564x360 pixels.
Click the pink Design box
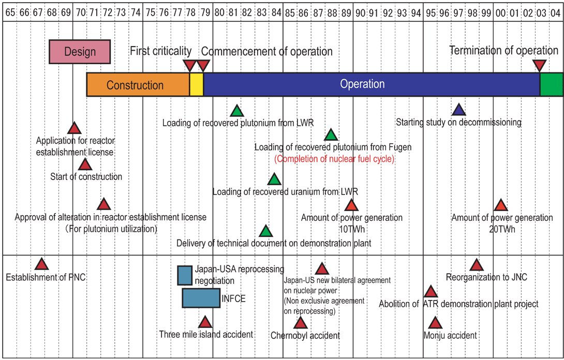(80, 52)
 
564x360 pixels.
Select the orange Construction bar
(138, 84)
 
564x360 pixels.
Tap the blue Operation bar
(372, 84)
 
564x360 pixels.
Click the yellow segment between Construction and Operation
(197, 84)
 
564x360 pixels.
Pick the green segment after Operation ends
(552, 84)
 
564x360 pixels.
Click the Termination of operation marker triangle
(540, 66)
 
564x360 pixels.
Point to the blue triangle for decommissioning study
(458, 110)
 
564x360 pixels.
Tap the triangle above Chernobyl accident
(300, 323)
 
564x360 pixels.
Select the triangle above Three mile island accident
(205, 322)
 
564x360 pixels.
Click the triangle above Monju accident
(435, 323)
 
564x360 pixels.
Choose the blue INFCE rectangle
(201, 298)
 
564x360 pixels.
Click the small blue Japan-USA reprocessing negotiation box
(185, 276)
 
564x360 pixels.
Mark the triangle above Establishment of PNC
(42, 264)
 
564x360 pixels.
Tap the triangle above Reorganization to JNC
(477, 265)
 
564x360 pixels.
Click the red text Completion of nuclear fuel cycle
(334, 159)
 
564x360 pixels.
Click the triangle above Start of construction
(85, 164)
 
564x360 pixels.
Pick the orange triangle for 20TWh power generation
(500, 205)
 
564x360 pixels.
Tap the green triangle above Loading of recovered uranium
(274, 179)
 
